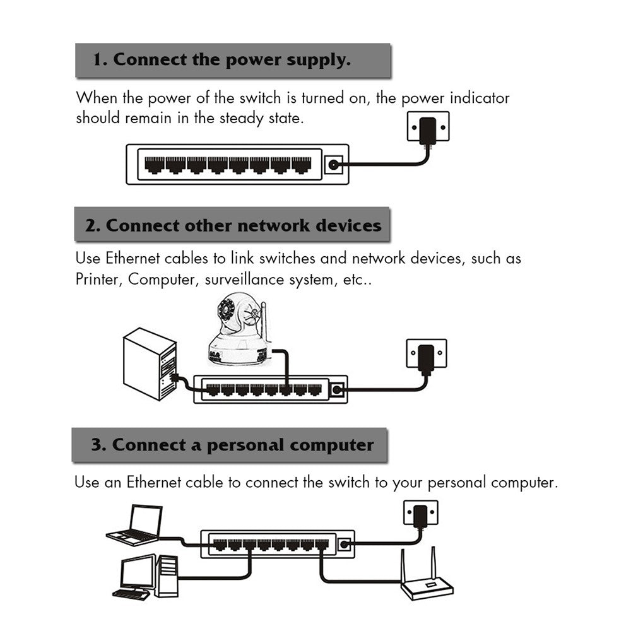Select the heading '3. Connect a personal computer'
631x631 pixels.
point(232,445)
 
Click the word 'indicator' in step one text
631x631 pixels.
point(479,98)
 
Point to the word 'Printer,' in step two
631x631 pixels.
point(98,280)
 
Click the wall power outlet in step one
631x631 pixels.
point(428,128)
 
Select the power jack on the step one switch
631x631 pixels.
point(333,166)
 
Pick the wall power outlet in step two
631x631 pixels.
point(426,355)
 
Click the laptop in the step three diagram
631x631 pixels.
point(136,525)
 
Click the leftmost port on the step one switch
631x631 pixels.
point(155,165)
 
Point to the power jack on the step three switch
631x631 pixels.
point(344,544)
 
